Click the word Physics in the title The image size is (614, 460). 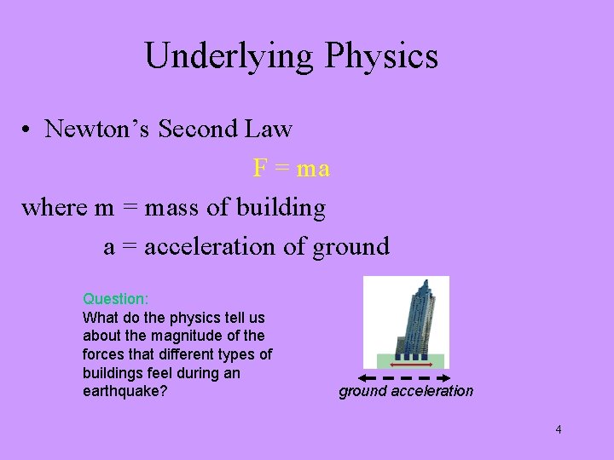tap(380, 56)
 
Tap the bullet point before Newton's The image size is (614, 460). tap(28, 130)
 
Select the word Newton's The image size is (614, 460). tap(94, 129)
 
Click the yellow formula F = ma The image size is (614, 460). tap(291, 168)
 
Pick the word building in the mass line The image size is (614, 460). tap(281, 207)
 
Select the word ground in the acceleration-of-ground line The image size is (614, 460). tap(350, 246)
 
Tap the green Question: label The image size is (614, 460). tap(115, 299)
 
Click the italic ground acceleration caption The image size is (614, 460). tap(406, 391)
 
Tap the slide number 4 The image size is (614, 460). tap(558, 429)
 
